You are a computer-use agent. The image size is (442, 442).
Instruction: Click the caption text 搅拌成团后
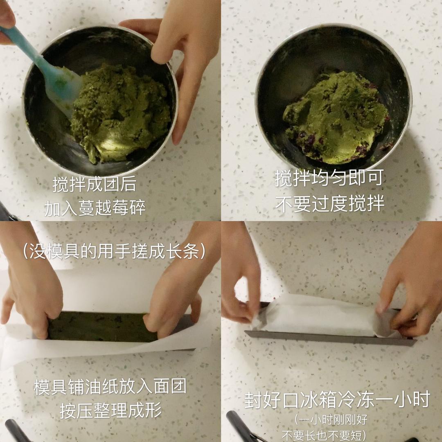tap(94, 185)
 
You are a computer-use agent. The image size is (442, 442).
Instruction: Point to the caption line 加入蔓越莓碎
tap(95, 208)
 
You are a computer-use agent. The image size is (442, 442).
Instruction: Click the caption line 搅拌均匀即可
tap(329, 178)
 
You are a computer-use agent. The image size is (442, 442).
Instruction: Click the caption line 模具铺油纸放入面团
tap(110, 387)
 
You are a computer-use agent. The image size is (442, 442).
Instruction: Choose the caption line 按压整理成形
tap(110, 410)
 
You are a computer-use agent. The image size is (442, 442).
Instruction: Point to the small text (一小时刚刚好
tap(330, 419)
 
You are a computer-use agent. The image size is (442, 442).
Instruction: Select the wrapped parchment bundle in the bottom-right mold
tap(319, 317)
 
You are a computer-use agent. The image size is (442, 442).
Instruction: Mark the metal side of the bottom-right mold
tap(327, 338)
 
